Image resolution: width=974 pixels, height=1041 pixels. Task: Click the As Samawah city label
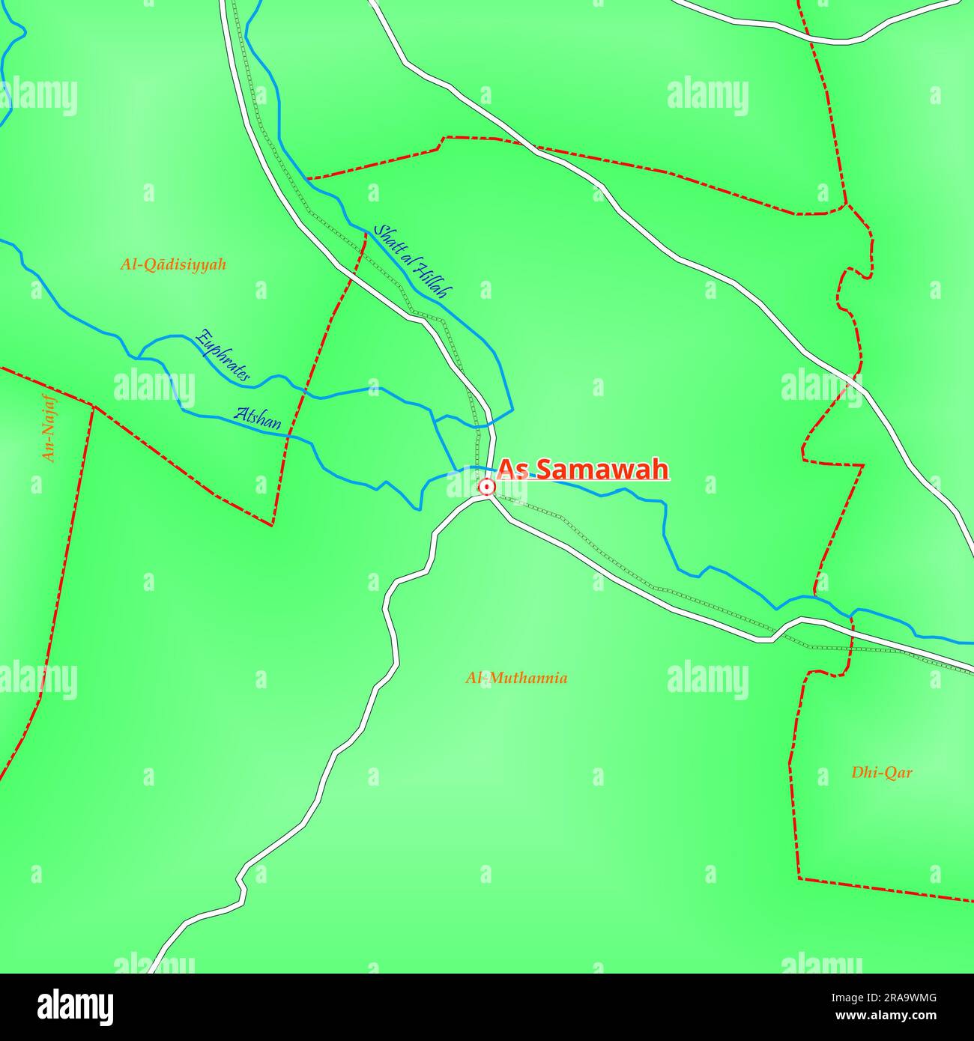click(x=582, y=470)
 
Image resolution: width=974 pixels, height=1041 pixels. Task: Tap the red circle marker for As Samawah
click(x=486, y=488)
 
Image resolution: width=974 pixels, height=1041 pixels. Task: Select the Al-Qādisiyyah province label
click(x=173, y=264)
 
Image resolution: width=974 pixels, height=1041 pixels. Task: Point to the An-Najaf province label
click(x=49, y=428)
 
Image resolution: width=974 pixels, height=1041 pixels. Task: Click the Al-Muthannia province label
click(x=516, y=679)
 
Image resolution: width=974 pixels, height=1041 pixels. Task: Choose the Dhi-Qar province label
click(x=881, y=772)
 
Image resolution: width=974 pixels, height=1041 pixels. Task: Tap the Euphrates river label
click(x=223, y=356)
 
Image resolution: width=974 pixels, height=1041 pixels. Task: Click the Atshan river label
click(x=258, y=418)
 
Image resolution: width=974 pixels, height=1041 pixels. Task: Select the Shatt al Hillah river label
click(x=413, y=261)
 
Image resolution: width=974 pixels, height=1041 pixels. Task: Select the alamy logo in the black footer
click(x=76, y=1007)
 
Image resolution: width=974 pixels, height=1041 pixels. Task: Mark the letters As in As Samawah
click(x=510, y=470)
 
